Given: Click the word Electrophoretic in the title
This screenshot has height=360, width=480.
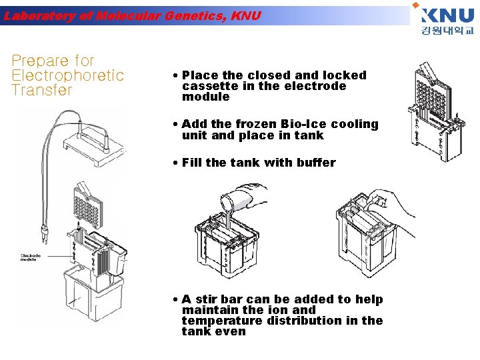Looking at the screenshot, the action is pyautogui.click(x=68, y=75).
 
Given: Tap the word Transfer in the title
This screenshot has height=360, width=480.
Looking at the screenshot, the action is pyautogui.click(x=41, y=90).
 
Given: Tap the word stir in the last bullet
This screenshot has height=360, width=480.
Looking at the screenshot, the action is pyautogui.click(x=208, y=299).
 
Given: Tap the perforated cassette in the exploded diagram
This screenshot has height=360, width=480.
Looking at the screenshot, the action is pyautogui.click(x=88, y=203).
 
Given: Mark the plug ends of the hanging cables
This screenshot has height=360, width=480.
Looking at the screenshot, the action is pyautogui.click(x=44, y=235).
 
